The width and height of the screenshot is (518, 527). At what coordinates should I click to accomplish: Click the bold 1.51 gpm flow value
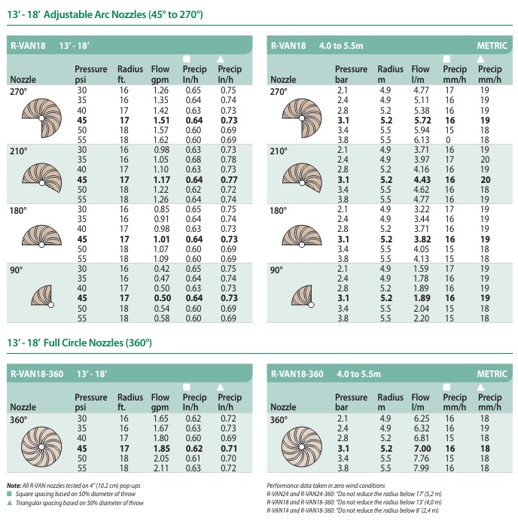[160, 120]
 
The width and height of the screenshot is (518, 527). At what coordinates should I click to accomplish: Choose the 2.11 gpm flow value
[160, 467]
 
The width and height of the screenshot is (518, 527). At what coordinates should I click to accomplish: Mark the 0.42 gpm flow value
[160, 267]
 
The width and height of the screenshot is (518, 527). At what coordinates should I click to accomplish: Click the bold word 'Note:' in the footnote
[14, 486]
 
